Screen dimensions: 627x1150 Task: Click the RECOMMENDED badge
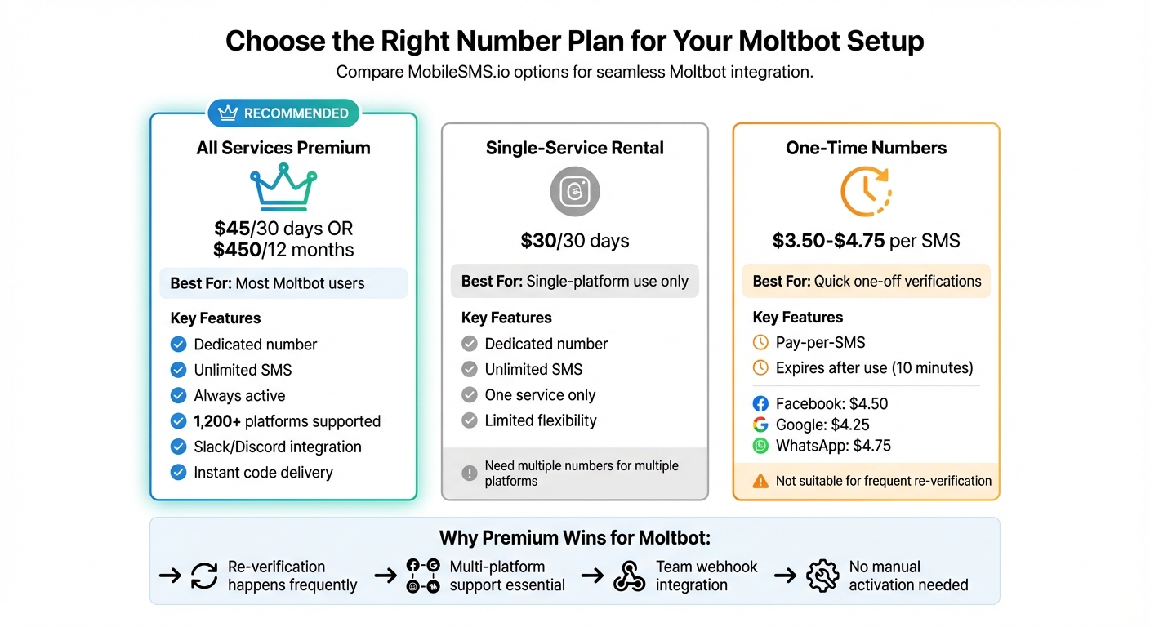click(284, 113)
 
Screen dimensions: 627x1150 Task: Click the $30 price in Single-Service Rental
click(539, 241)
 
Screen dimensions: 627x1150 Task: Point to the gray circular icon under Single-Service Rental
click(575, 192)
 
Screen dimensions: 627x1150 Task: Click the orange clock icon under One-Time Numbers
click(866, 192)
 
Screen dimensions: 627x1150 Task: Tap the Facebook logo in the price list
click(760, 404)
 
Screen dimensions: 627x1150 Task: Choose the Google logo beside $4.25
click(760, 425)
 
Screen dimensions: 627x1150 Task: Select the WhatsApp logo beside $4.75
click(760, 446)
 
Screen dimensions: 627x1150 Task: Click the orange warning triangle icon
click(760, 481)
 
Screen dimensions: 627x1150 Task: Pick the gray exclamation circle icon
click(469, 473)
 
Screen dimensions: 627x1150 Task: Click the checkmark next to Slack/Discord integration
click(178, 447)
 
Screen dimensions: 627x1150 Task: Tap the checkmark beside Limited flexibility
click(469, 420)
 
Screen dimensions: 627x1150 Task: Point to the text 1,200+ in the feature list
click(217, 421)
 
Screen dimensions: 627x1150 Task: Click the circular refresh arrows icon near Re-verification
click(204, 576)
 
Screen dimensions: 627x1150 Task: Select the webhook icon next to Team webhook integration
click(630, 576)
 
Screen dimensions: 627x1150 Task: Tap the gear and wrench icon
click(822, 576)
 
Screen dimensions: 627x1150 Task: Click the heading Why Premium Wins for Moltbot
click(574, 538)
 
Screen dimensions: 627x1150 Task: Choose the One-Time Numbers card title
click(866, 148)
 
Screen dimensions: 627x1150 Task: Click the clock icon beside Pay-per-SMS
click(760, 343)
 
